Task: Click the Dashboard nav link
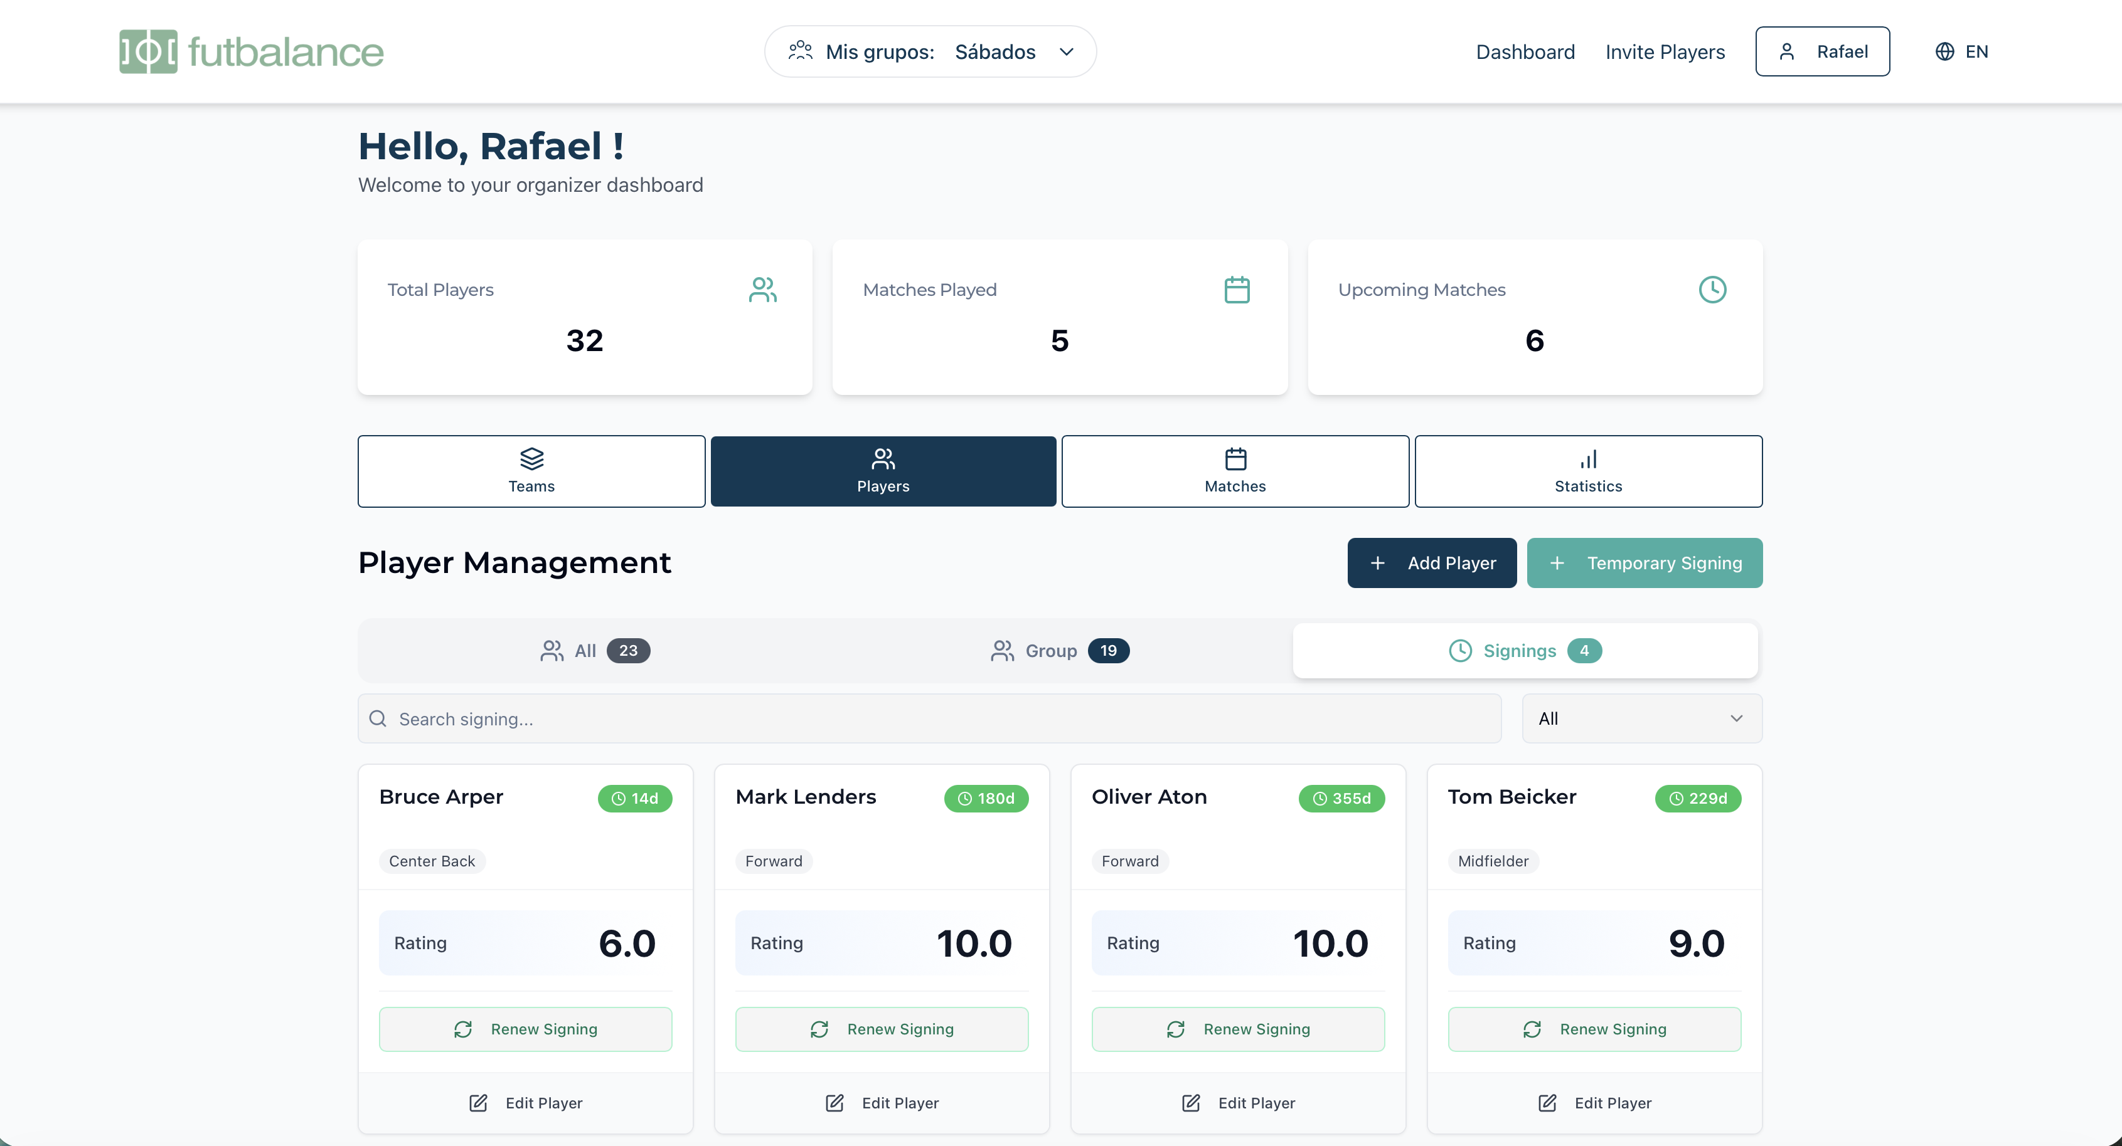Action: tap(1525, 52)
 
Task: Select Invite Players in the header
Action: tap(1665, 52)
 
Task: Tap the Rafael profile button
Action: tap(1822, 52)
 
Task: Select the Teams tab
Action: tap(531, 471)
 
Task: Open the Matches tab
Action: tap(1235, 471)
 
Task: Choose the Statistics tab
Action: tap(1587, 471)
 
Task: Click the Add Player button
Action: tap(1432, 563)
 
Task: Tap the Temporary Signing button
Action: tap(1645, 563)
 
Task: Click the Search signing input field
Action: tap(929, 718)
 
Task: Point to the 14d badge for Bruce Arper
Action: tap(635, 799)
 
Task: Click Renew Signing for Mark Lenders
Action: tap(882, 1029)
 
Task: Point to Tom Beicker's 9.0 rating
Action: tap(1696, 944)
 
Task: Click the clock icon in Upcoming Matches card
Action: tap(1712, 290)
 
